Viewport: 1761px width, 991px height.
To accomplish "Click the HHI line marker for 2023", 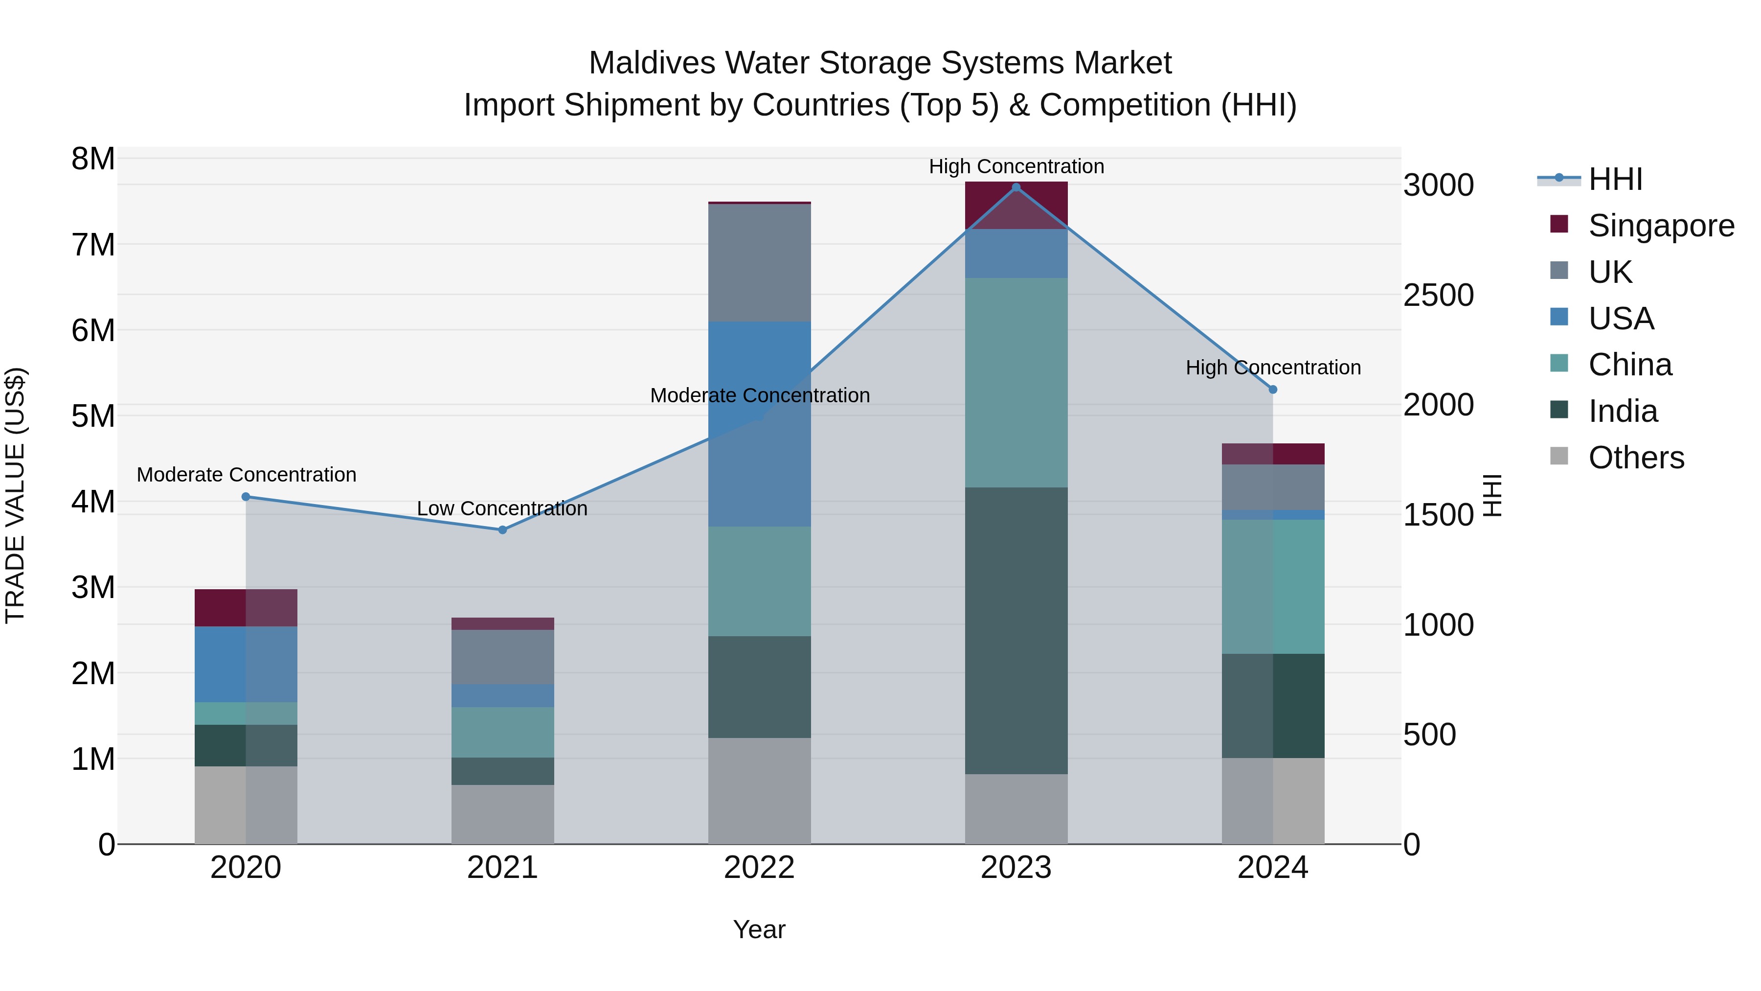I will [1016, 187].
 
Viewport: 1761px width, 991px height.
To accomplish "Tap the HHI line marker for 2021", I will [502, 530].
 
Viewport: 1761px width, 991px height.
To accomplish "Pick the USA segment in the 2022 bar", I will [760, 424].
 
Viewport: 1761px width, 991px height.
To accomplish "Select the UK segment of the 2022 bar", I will [760, 263].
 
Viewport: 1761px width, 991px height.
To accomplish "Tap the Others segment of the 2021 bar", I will [502, 814].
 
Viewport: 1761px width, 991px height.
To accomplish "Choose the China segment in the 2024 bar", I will [1273, 587].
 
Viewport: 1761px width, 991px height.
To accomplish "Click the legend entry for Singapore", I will [1661, 226].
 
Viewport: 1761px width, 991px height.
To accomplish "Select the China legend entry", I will [1630, 365].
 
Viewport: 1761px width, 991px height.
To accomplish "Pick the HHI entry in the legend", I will [1615, 179].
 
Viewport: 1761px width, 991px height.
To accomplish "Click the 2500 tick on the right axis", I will [1438, 296].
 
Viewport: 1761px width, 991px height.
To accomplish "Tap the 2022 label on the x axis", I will [760, 868].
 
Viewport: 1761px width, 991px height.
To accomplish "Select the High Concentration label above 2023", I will [1016, 166].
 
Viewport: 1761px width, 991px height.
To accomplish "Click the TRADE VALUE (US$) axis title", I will [15, 495].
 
